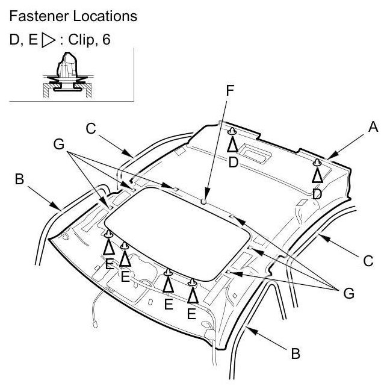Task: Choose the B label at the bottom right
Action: click(295, 354)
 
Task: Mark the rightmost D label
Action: click(317, 194)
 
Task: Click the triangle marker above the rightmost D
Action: click(317, 175)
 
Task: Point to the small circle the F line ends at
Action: click(205, 202)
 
